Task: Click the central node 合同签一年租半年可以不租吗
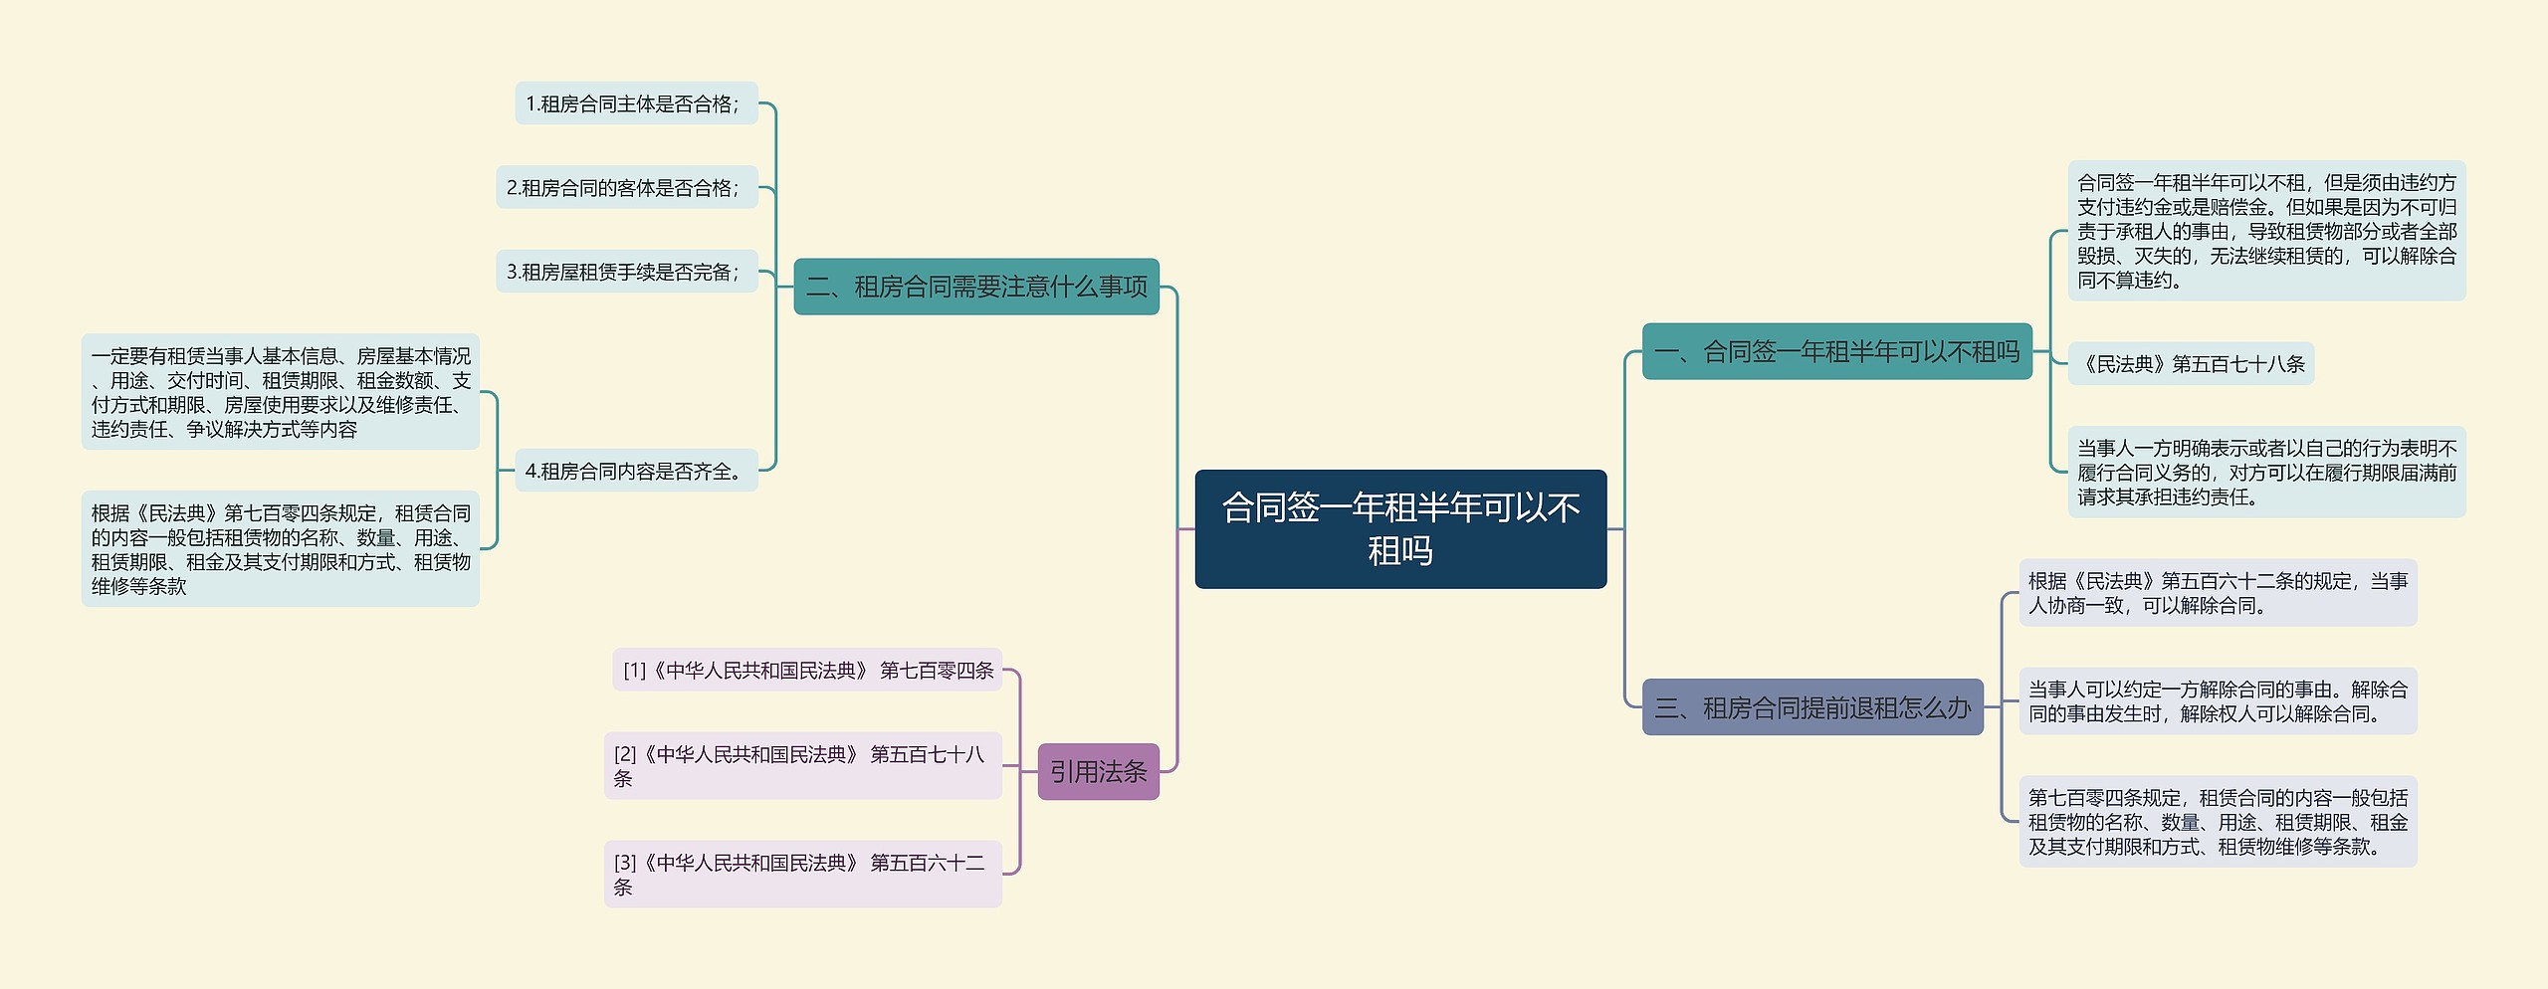pos(1399,528)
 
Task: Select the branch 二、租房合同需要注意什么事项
pos(975,287)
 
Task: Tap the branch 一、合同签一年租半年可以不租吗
pos(1835,351)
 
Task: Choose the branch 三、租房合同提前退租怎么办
pos(1811,707)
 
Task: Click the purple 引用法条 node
pos(1098,771)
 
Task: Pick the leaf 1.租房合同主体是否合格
pos(635,103)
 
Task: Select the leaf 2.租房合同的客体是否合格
pos(626,187)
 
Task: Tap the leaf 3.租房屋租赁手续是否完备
pos(626,272)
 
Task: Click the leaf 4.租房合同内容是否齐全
pos(635,471)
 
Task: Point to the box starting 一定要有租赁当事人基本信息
pos(280,392)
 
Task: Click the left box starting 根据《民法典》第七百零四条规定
pos(280,549)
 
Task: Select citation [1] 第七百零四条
pos(806,670)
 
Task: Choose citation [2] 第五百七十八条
pos(802,765)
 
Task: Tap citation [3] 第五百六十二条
pos(802,874)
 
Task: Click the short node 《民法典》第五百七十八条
pos(2190,363)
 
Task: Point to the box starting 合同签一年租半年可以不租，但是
pos(2266,231)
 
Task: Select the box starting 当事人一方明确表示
pos(2266,472)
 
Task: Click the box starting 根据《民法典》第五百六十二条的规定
pos(2218,592)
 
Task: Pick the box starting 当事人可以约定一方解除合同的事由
pos(2218,700)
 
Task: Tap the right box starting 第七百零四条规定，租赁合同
pos(2218,821)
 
